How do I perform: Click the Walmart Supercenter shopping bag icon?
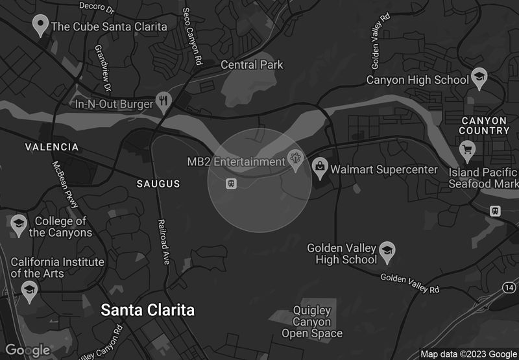click(320, 167)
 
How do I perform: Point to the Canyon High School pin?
click(479, 78)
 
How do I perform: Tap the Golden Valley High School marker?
click(387, 252)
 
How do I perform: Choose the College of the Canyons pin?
click(19, 224)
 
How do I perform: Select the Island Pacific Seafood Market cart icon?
click(466, 151)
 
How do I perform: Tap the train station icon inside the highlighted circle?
click(230, 184)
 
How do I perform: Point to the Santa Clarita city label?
click(147, 310)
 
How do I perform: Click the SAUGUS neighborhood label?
click(158, 184)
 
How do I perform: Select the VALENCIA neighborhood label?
click(52, 147)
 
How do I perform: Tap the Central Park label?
click(252, 65)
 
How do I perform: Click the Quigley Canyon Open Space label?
click(311, 322)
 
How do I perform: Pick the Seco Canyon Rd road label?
click(192, 37)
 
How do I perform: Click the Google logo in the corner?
click(28, 350)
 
